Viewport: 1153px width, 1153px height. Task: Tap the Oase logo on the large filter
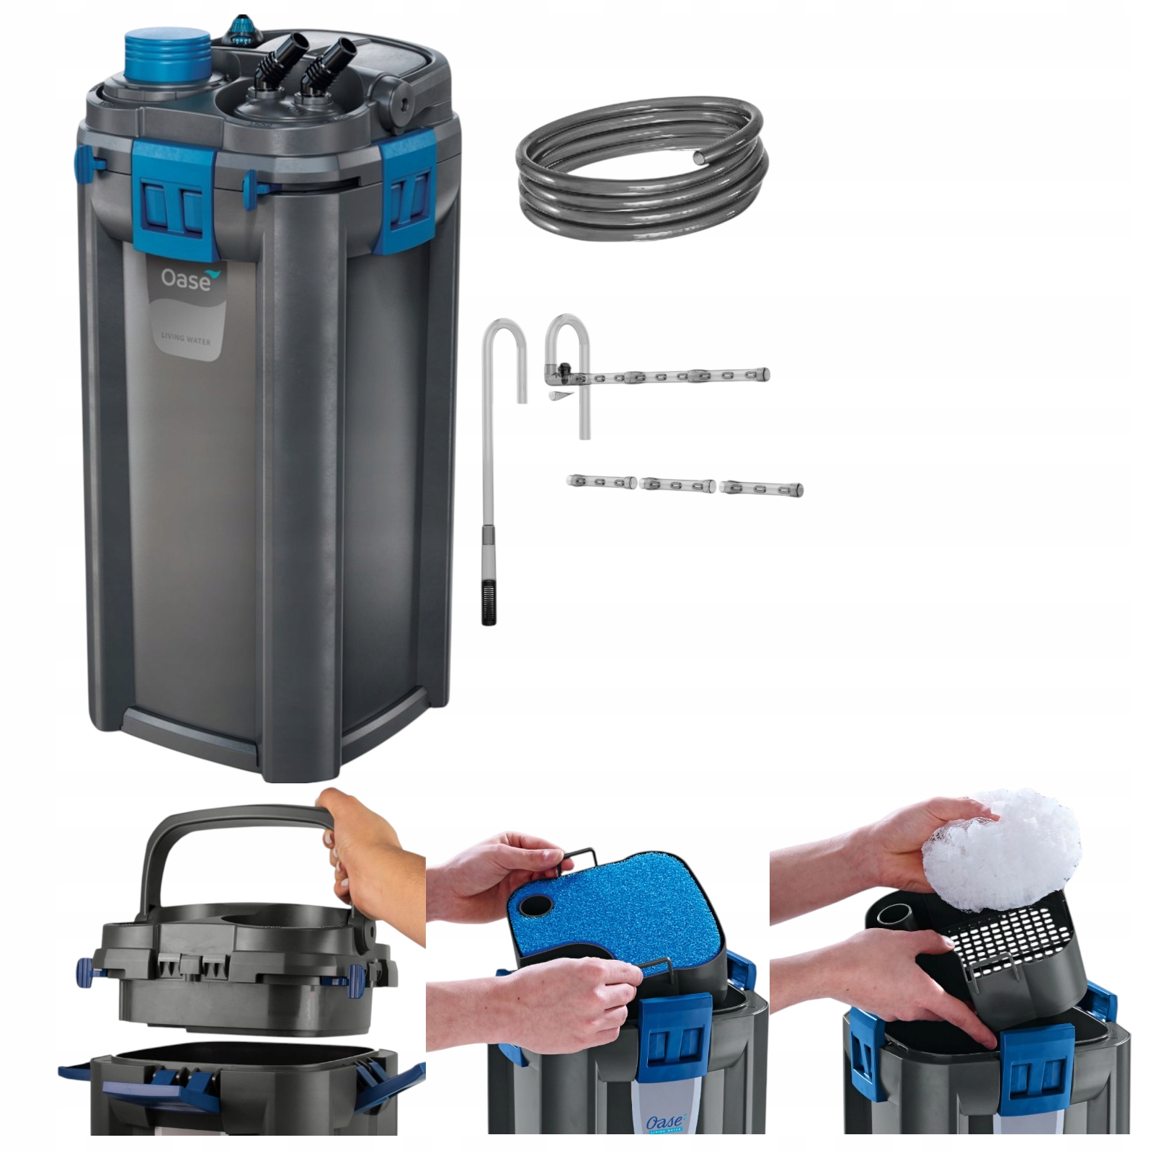[x=185, y=279]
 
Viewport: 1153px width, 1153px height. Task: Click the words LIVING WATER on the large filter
[x=185, y=337]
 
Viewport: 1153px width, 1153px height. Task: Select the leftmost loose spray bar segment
[x=600, y=481]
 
